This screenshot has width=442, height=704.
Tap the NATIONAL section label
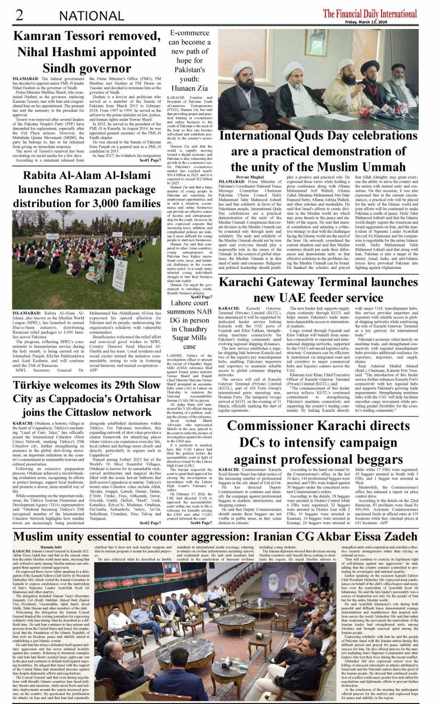[x=92, y=16]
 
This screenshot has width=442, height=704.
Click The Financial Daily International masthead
[x=370, y=14]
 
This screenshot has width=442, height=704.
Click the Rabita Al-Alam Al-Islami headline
[x=87, y=189]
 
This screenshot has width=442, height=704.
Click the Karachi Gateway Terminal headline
[x=318, y=290]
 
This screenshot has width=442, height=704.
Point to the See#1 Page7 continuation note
[x=150, y=160]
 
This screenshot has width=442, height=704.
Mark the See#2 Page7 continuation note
[x=150, y=523]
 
